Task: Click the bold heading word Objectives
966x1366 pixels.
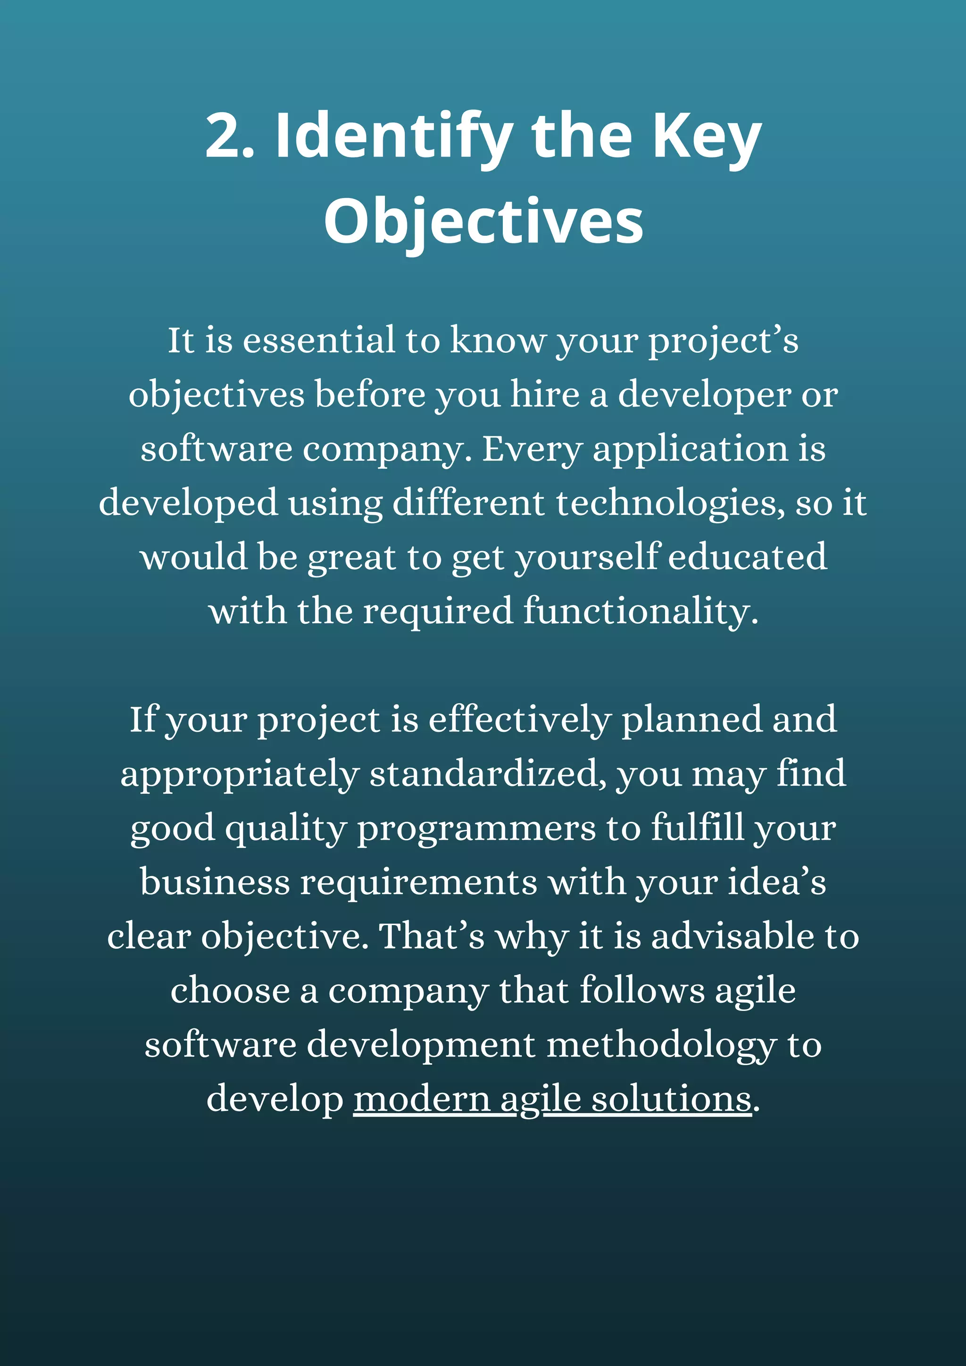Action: (483, 221)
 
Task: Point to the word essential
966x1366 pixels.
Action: (319, 340)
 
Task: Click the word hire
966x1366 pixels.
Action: (545, 395)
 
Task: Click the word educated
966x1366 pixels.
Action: (748, 557)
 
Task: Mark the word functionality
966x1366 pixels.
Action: (641, 611)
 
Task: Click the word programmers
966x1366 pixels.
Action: (476, 828)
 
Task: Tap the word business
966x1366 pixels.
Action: (215, 882)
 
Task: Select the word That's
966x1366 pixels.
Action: (432, 936)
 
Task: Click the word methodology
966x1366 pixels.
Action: (661, 1045)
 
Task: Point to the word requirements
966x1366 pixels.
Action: (418, 882)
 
